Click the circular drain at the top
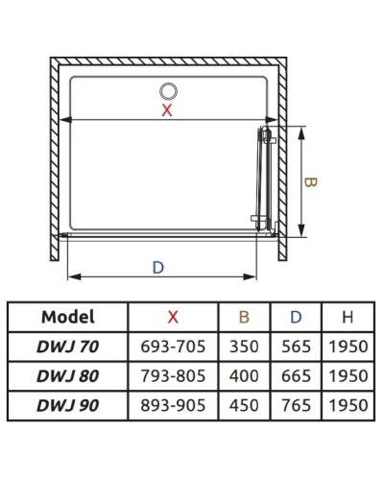click(168, 92)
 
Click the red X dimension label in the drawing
click(167, 110)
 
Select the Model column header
click(68, 317)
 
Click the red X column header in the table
click(173, 317)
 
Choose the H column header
click(347, 317)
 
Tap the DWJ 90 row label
click(68, 406)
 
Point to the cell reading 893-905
click(173, 406)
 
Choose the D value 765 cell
click(296, 406)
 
